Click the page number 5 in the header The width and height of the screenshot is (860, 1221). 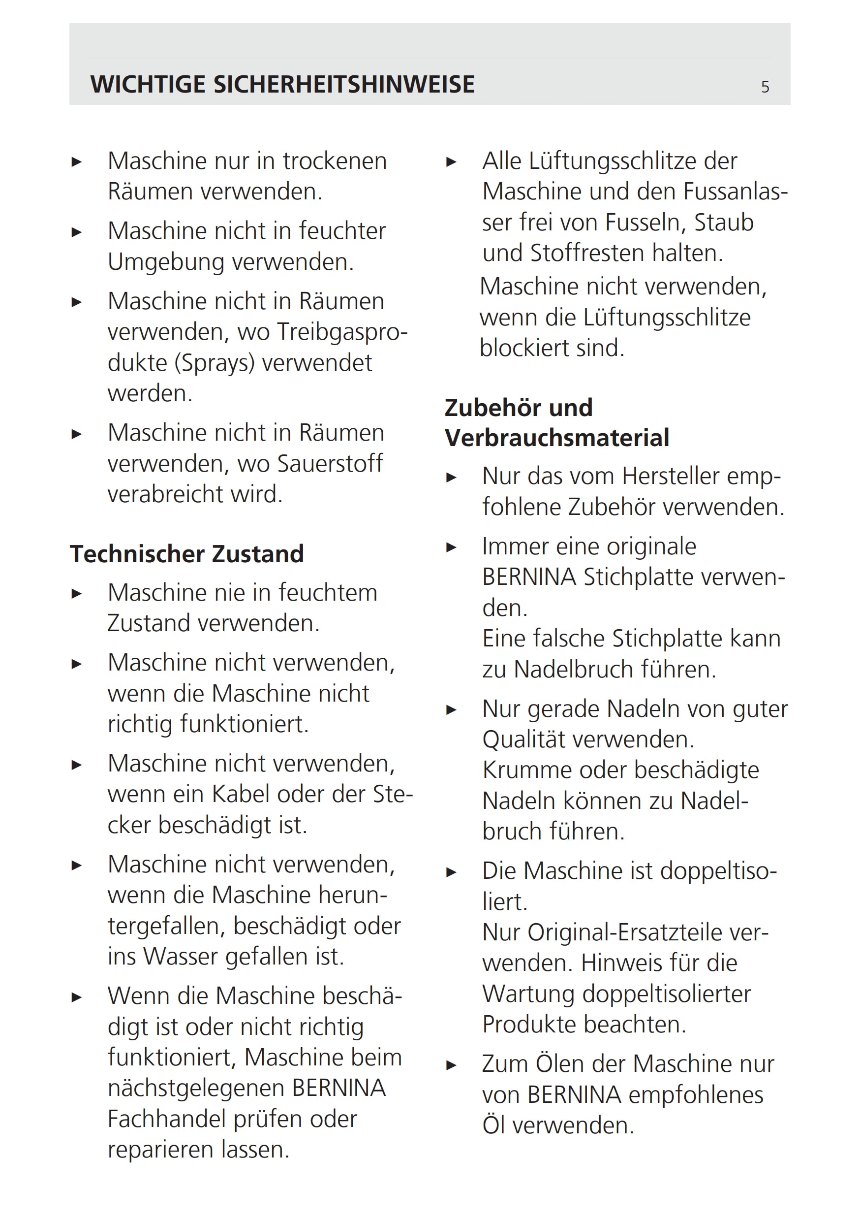765,87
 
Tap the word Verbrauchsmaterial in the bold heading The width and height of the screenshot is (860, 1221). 556,438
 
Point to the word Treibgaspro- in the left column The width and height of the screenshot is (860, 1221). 342,332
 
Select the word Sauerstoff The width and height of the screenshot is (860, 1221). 330,464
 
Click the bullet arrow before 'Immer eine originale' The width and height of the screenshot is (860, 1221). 451,547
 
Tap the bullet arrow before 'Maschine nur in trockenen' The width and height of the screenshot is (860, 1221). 77,161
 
